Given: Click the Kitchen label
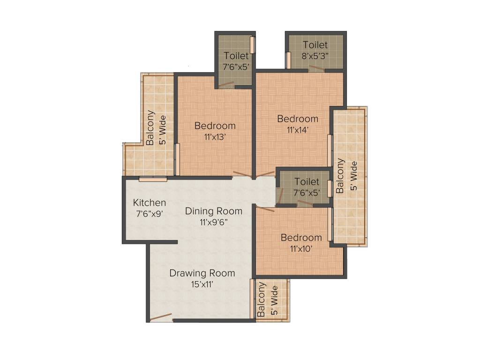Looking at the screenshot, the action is click(150, 202).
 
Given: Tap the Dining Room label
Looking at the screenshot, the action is click(214, 211).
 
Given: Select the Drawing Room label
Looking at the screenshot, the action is click(202, 273).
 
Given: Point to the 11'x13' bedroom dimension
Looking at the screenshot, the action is click(215, 137).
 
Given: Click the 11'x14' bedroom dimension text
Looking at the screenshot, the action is click(298, 130).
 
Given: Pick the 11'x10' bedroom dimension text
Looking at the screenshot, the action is click(301, 249).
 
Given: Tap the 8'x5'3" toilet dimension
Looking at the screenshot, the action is click(315, 56).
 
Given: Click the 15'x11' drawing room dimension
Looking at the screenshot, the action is click(202, 285).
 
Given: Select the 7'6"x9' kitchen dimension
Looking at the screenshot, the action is click(150, 214).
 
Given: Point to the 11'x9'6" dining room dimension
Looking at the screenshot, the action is click(214, 222).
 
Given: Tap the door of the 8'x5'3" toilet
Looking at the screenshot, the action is click(316, 67).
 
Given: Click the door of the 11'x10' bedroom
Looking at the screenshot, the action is click(265, 210).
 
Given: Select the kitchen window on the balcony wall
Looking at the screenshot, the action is click(153, 179).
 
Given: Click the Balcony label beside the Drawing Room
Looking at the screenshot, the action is click(261, 300).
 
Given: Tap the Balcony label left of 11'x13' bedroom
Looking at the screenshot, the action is click(150, 127).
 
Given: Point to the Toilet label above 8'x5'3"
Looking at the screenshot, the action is click(315, 45).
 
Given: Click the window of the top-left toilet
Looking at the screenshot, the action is click(253, 45).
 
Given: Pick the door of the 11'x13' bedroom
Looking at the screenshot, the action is click(242, 175).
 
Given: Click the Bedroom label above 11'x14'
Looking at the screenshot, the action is click(298, 119).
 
